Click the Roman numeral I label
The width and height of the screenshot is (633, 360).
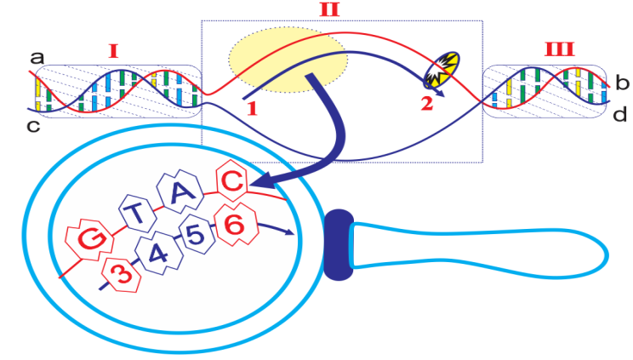(113, 51)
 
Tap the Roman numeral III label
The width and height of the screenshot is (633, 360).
(559, 51)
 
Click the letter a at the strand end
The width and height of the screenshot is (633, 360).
(37, 58)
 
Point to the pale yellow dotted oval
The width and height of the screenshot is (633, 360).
(288, 60)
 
